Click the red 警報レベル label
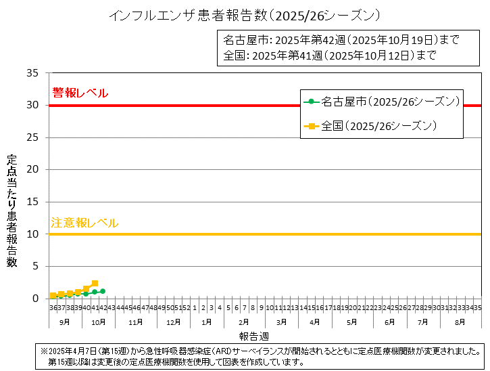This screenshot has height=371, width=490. click(80, 93)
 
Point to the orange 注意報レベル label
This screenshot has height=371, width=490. click(84, 223)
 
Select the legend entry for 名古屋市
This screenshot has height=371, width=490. click(383, 102)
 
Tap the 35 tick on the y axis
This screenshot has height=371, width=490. click(32, 73)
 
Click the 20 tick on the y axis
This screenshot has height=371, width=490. click(32, 170)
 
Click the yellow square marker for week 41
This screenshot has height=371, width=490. click(95, 283)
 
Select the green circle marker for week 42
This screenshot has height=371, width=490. click(103, 291)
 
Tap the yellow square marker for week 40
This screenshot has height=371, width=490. click(86, 289)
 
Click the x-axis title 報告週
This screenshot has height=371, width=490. click(254, 336)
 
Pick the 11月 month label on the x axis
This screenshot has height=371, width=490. click(136, 322)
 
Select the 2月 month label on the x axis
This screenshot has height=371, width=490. click(244, 322)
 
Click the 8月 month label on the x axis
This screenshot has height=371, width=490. click(460, 322)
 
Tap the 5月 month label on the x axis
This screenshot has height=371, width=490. click(352, 322)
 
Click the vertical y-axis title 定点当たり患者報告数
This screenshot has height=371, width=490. click(11, 211)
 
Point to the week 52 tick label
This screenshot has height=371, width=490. click(185, 308)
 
